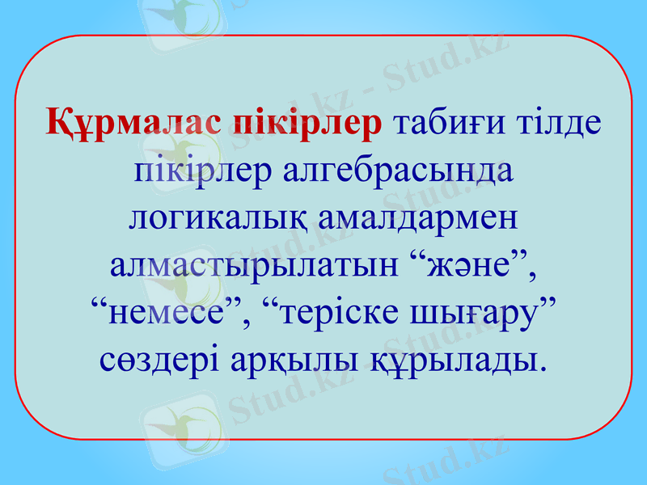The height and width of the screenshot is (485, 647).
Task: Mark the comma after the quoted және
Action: [x=533, y=275]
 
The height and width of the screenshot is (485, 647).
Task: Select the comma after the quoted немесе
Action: [x=243, y=321]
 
